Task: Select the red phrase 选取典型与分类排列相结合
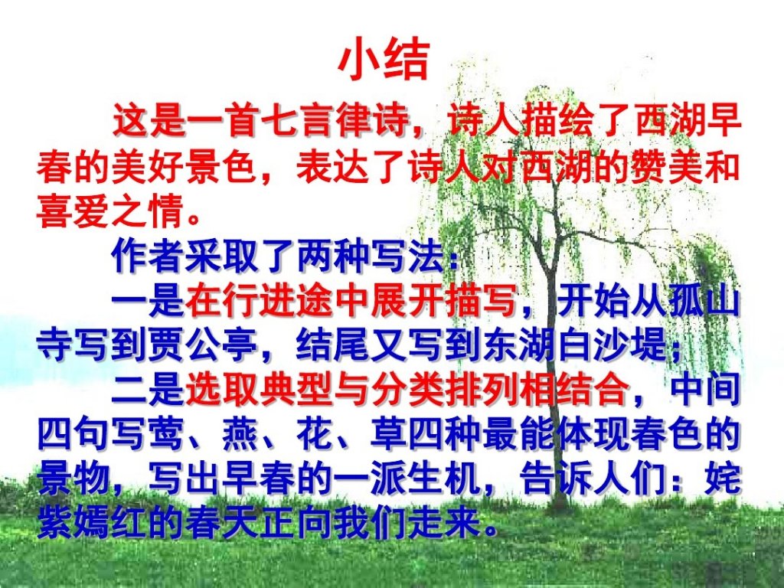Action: [x=407, y=390]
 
